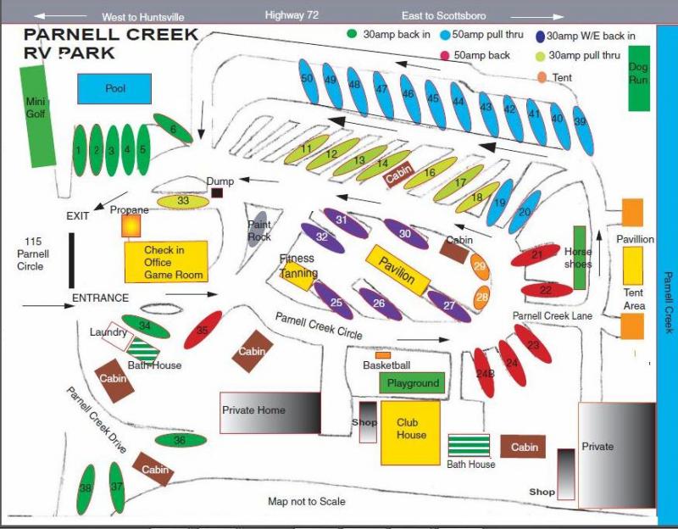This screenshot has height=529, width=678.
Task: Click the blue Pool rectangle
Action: (x=114, y=88)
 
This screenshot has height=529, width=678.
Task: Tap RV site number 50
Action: (x=308, y=79)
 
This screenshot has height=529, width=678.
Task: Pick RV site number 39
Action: (x=581, y=121)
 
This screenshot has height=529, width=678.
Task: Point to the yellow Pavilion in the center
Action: (x=395, y=269)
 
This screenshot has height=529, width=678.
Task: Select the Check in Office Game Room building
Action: (x=166, y=261)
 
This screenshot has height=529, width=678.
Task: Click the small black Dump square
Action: (x=218, y=193)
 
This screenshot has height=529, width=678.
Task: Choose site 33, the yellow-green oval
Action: (x=184, y=201)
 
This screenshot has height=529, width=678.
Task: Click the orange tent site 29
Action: (x=481, y=266)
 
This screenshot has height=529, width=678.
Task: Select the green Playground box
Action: (x=413, y=383)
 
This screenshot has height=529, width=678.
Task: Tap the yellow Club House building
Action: (x=410, y=432)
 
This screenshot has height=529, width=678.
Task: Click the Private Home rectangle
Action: (x=270, y=412)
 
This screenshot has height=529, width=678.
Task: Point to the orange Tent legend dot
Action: (x=543, y=78)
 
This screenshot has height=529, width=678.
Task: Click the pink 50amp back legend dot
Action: (x=444, y=56)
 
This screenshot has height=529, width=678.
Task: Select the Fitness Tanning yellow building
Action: (x=298, y=275)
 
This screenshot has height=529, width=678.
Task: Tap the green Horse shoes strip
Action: (x=581, y=258)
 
